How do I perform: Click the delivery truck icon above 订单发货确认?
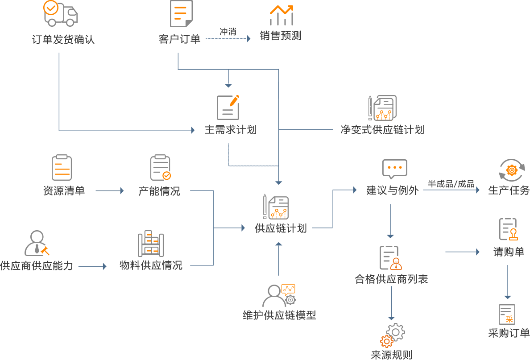click(60, 13)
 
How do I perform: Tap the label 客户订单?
click(179, 39)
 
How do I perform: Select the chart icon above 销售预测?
click(282, 15)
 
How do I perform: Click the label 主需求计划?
click(231, 130)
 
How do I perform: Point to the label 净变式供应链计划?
click(382, 130)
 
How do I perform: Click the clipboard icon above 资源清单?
click(62, 167)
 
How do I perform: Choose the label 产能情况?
click(159, 191)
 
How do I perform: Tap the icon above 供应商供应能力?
click(37, 243)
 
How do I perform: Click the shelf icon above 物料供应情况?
click(151, 244)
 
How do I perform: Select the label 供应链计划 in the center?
click(281, 228)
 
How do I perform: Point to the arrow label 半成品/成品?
click(451, 184)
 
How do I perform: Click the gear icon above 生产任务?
click(512, 170)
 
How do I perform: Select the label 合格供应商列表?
click(391, 280)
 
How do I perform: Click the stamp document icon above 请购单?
click(509, 229)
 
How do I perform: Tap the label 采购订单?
click(509, 333)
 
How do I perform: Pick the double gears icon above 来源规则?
click(392, 335)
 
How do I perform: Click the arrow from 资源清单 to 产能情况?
click(110, 191)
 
